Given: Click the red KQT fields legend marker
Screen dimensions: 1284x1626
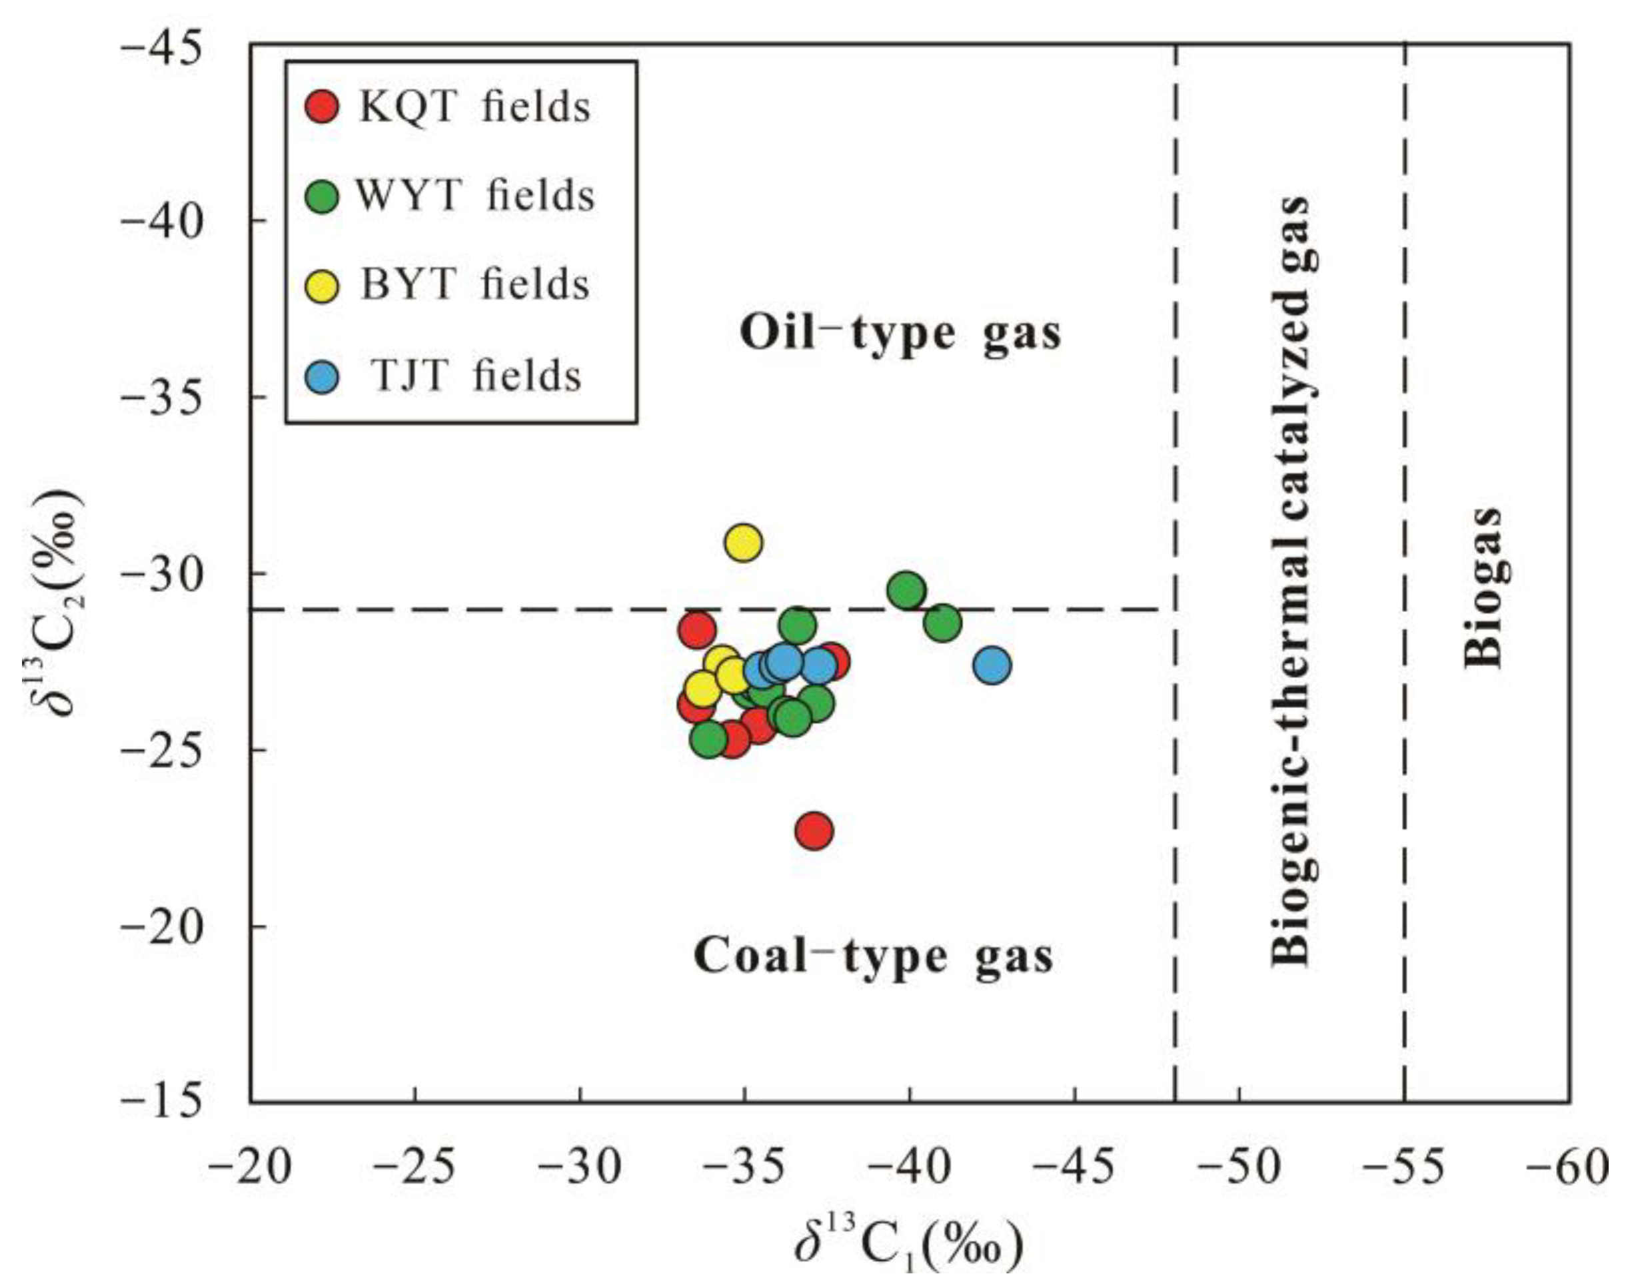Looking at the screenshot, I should click(323, 107).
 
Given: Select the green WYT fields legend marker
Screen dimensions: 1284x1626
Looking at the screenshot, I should click(323, 196).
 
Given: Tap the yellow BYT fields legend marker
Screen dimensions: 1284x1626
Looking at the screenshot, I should click(323, 286).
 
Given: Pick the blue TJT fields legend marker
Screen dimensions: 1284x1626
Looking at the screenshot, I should click(323, 376).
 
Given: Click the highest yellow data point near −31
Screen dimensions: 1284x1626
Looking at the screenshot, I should click(743, 542).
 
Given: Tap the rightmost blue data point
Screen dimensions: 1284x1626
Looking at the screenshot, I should click(992, 665).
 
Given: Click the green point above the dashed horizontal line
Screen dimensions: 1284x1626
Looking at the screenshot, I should click(906, 591).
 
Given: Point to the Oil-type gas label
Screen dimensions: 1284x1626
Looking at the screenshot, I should click(900, 333).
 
